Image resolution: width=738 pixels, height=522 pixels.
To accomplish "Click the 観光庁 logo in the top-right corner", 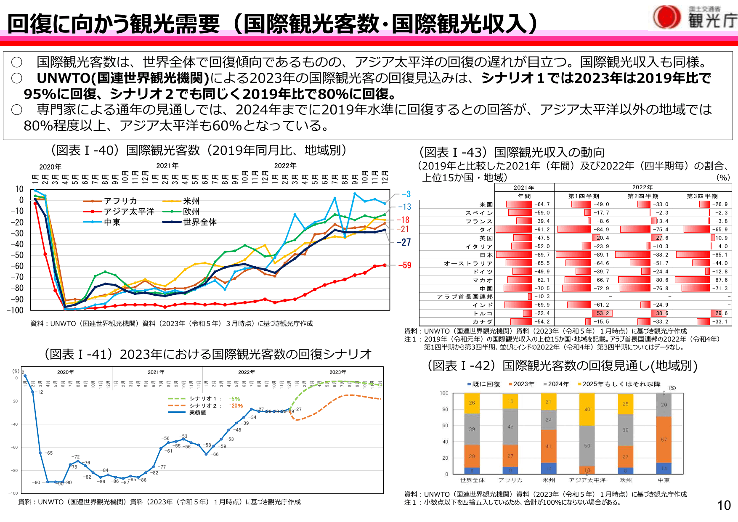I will [694, 18].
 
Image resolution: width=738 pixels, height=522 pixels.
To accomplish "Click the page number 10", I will [724, 505].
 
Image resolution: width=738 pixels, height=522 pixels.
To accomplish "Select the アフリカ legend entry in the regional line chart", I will [120, 201].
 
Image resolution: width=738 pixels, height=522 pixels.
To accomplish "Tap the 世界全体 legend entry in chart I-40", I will [199, 222].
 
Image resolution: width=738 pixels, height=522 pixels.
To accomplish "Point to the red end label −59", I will [404, 265].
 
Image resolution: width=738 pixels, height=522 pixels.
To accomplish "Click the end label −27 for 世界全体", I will [404, 242].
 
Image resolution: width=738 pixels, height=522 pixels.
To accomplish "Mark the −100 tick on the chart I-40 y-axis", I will [15, 310].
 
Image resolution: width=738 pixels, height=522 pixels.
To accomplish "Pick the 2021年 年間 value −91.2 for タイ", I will [542, 230].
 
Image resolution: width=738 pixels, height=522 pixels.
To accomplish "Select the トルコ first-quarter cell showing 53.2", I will [602, 313].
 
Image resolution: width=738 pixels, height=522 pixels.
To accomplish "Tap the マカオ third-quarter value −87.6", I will [719, 280].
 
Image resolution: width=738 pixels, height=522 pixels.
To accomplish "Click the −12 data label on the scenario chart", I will [39, 392].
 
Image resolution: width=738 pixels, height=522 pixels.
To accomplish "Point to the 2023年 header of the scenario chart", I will [338, 372].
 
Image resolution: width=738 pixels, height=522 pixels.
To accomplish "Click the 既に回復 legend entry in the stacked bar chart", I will [486, 384].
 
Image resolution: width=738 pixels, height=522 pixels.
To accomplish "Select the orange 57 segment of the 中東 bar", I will [664, 440].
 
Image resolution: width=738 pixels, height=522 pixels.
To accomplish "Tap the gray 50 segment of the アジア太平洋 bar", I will [587, 446].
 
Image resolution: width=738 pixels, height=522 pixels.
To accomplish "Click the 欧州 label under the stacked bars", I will [625, 480].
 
